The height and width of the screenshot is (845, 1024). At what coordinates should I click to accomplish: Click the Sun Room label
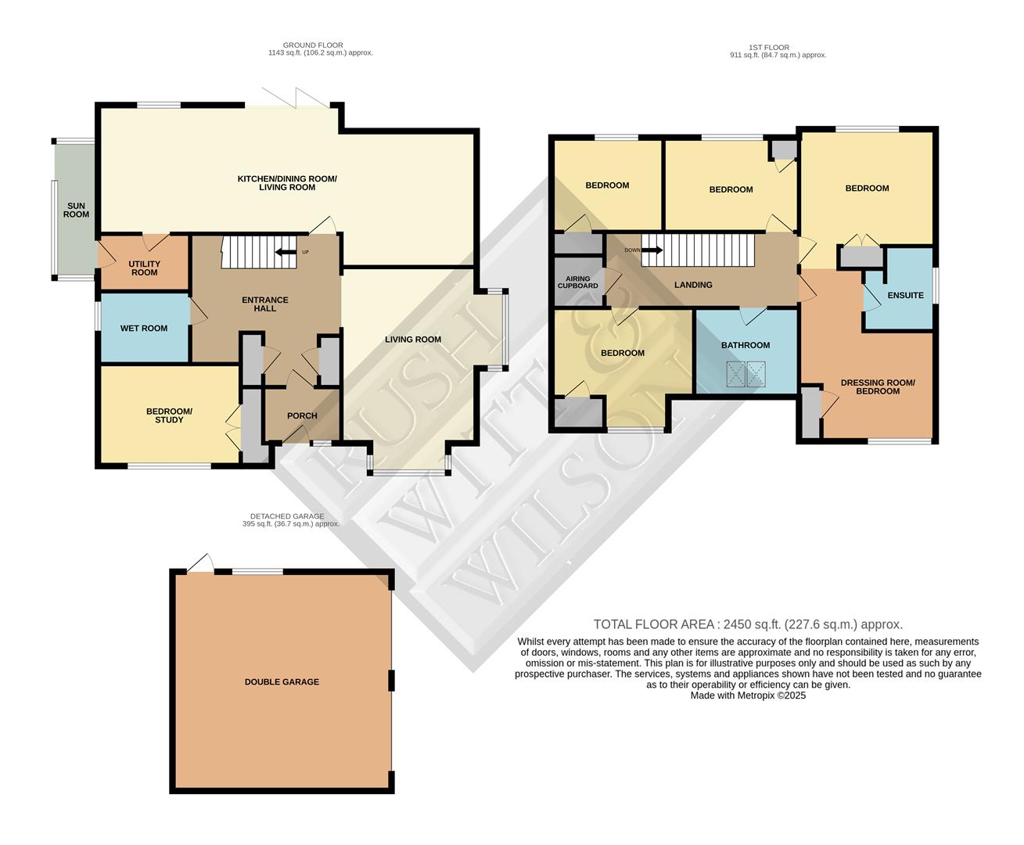coord(76,210)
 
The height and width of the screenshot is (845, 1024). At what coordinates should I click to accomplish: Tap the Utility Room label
coord(144,268)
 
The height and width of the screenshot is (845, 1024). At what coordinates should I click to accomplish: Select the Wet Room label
coord(144,329)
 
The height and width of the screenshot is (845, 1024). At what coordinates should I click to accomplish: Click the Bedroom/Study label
coord(169,415)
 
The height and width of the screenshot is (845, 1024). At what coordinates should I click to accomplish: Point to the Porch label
coord(302,415)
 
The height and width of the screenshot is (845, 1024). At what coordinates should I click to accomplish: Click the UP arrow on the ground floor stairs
coord(286,252)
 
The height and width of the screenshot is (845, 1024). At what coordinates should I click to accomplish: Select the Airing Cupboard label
coord(578,282)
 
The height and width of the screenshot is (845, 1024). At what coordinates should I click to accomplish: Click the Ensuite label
coord(905,296)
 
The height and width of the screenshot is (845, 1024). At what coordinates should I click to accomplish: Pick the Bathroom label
coord(745,345)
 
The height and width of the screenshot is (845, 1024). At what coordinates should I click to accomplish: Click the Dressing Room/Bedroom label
coord(877,387)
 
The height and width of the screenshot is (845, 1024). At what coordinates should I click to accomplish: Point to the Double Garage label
coord(282,682)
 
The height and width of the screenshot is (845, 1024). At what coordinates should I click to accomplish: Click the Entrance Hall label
coord(264,304)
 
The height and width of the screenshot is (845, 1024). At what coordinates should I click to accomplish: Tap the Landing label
coord(693,285)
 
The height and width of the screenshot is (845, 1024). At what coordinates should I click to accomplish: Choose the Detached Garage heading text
coord(291,520)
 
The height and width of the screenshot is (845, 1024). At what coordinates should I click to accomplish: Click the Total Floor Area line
coord(748,624)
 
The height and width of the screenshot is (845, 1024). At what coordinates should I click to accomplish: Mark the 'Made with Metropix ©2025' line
coord(748,695)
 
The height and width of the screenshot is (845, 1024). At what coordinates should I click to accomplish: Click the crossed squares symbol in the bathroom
coord(746,374)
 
